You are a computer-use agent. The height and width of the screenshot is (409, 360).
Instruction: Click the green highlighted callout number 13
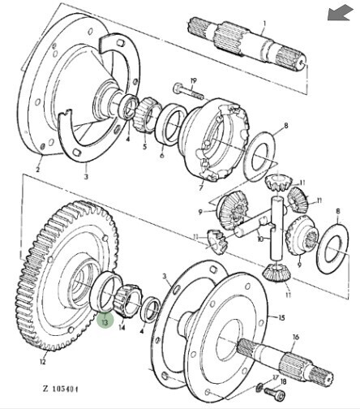[x=105, y=321]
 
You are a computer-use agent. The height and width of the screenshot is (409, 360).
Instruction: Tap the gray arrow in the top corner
[x=341, y=14]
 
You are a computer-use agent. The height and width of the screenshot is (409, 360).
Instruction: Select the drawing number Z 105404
[x=61, y=389]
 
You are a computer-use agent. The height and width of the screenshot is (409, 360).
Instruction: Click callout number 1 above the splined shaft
[x=264, y=24]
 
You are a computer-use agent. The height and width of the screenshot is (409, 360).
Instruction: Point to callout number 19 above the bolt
[x=194, y=81]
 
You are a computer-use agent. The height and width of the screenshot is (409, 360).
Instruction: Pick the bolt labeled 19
[x=188, y=92]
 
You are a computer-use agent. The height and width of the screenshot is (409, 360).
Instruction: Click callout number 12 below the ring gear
[x=43, y=361]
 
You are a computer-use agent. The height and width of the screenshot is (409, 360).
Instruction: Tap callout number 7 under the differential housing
[x=200, y=187]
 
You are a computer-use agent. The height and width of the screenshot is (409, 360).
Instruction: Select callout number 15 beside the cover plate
[x=281, y=317]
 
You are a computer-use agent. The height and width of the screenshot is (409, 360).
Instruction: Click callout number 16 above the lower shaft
[x=296, y=337]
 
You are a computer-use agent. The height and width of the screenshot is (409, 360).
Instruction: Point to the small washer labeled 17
[x=259, y=388]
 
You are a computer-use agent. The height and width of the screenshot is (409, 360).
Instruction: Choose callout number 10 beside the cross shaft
[x=260, y=239]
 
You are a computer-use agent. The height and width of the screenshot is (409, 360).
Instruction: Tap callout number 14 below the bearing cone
[x=122, y=327]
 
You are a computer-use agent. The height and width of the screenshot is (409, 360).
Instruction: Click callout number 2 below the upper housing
[x=38, y=170]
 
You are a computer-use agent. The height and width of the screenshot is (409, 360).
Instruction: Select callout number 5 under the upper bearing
[x=145, y=147]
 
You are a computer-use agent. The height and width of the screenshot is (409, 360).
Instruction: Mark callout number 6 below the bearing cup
[x=162, y=156]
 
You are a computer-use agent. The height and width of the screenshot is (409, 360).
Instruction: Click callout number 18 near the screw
[x=283, y=381]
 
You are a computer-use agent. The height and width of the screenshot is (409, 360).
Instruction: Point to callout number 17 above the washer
[x=276, y=377]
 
